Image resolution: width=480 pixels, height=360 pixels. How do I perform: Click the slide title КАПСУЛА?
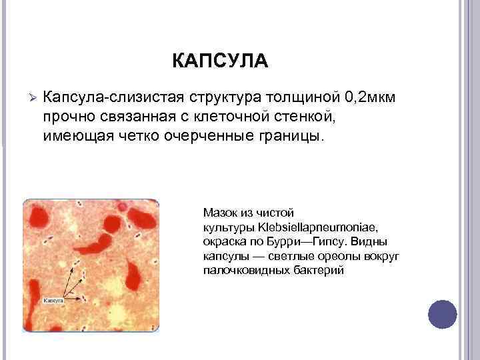tap(220, 62)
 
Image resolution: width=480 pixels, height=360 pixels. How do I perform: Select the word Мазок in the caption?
tap(219, 213)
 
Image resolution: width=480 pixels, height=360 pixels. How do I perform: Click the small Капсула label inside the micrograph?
tap(53, 301)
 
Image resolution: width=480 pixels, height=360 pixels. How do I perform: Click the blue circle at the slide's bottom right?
tap(442, 314)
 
